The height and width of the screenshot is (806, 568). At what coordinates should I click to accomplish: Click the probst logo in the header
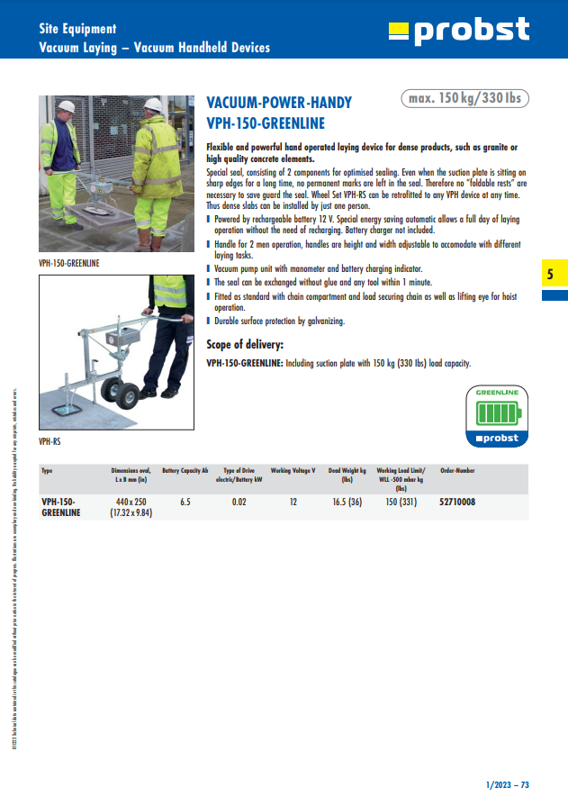click(x=459, y=31)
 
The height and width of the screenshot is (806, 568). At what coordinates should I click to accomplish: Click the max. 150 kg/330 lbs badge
click(x=464, y=98)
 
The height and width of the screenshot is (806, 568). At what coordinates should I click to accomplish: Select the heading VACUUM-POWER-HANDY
click(x=279, y=103)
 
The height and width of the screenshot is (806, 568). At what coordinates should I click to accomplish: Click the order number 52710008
click(x=457, y=502)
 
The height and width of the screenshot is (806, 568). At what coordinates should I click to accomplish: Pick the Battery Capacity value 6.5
click(x=185, y=502)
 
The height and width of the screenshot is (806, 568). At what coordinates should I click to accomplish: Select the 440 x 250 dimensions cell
click(x=131, y=502)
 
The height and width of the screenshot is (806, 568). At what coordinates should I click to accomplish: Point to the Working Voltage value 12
click(x=293, y=502)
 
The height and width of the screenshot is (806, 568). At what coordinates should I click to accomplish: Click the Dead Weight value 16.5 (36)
click(x=347, y=502)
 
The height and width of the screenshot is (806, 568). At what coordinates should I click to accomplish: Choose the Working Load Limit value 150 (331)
click(x=401, y=502)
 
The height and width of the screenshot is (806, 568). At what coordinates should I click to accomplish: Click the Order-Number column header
click(x=457, y=470)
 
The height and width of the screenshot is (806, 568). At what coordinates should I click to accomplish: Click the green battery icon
click(x=497, y=413)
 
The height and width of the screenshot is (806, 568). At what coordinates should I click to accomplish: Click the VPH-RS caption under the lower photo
click(x=50, y=442)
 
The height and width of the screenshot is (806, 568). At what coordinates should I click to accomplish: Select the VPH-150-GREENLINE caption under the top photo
click(x=69, y=263)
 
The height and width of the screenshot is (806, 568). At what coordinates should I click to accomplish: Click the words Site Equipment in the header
click(x=77, y=30)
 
